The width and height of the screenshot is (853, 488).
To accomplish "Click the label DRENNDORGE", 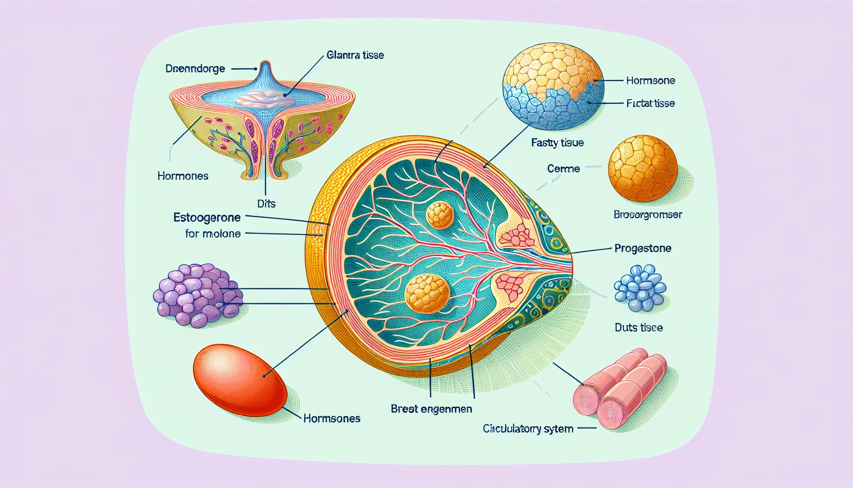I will (x=195, y=69).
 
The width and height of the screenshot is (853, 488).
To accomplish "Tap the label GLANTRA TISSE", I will (x=355, y=55).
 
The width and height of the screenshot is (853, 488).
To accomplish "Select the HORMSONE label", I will (x=650, y=81).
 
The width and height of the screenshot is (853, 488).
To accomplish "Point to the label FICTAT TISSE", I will (x=651, y=103).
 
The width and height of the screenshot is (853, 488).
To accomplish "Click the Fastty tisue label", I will (x=557, y=142).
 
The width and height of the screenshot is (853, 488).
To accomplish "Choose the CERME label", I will (x=564, y=168).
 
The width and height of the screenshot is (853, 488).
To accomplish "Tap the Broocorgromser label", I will (x=648, y=215).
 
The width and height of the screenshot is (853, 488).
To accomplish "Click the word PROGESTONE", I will (x=643, y=248).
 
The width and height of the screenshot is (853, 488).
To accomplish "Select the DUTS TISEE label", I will (x=639, y=327).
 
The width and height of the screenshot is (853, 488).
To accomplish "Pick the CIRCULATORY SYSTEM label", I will (x=528, y=429).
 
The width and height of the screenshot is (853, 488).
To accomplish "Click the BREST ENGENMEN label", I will (x=431, y=408).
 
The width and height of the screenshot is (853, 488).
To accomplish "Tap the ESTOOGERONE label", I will (x=207, y=218).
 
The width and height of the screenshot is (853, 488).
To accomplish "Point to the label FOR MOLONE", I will (x=212, y=234).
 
